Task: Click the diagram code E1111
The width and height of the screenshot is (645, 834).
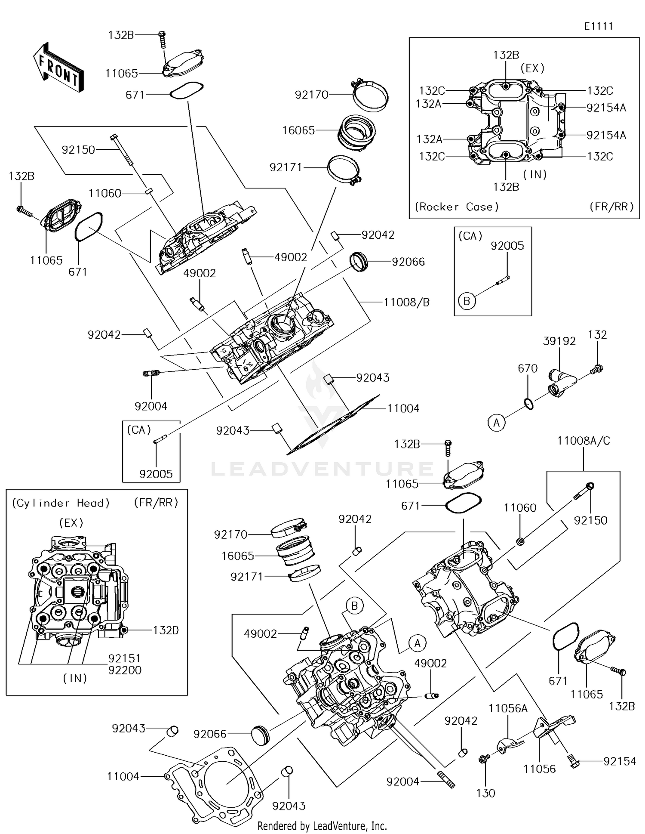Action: pos(598,26)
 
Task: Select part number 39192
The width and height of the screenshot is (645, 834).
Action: pos(559,341)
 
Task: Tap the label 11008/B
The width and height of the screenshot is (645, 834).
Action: pos(406,303)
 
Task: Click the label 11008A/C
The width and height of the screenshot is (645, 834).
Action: pos(583,441)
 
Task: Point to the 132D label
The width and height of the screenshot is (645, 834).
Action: pos(166,630)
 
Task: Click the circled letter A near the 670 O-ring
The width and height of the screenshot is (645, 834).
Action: pos(496,423)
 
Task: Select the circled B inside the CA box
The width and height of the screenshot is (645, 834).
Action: pos(467,301)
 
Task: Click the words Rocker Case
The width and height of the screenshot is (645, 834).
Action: pos(456,207)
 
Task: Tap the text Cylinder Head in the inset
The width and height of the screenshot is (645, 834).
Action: pos(61,503)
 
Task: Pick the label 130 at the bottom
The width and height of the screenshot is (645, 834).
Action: pos(485,793)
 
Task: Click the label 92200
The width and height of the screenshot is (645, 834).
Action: pos(125,670)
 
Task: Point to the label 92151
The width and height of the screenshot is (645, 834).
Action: pos(125,658)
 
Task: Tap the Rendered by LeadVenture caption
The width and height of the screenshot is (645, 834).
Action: pos(322,826)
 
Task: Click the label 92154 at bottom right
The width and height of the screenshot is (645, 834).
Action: pos(619,761)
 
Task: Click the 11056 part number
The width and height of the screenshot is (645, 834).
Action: pos(539,769)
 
